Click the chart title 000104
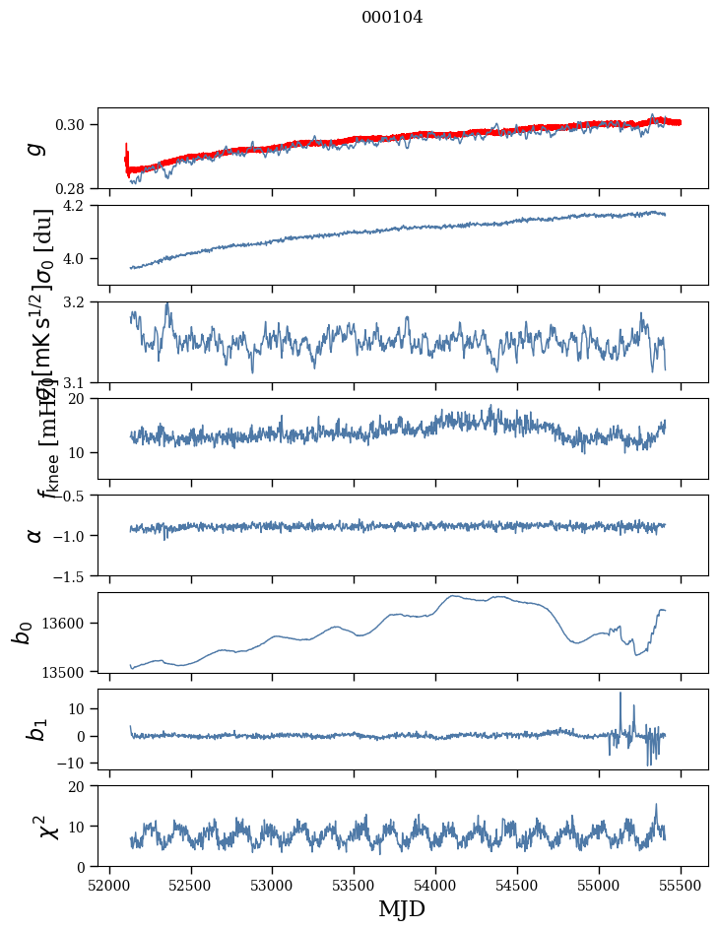[392, 18]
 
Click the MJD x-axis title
[402, 908]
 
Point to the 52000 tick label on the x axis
[109, 885]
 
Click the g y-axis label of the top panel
[35, 148]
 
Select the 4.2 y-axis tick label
[79, 206]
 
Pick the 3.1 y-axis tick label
[79, 382]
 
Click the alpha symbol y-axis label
[35, 535]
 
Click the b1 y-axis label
[35, 729]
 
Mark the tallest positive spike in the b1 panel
[620, 694]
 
